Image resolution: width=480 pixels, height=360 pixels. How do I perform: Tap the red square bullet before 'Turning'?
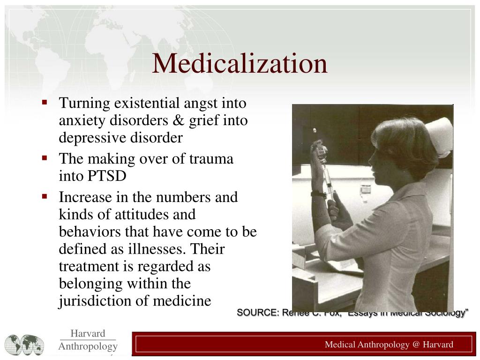[45, 102]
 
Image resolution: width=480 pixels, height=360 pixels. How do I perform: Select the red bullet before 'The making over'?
[45, 157]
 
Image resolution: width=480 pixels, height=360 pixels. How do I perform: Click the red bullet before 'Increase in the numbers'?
[45, 195]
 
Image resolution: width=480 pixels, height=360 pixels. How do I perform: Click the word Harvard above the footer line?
[88, 333]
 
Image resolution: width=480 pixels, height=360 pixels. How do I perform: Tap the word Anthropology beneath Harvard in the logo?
[88, 346]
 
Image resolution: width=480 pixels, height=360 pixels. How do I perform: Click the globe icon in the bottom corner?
[24, 345]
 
